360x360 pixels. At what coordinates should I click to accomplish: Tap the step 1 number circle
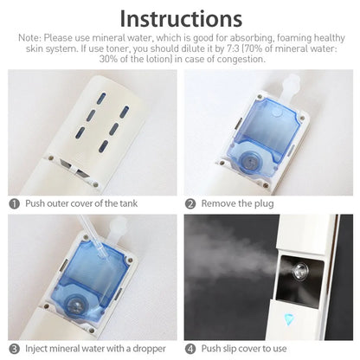[x=14, y=203]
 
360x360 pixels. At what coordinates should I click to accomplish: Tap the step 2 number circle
[x=190, y=203]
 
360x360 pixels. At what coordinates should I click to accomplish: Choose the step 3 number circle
[x=14, y=349]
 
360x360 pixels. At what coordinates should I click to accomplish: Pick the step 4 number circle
[x=190, y=349]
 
